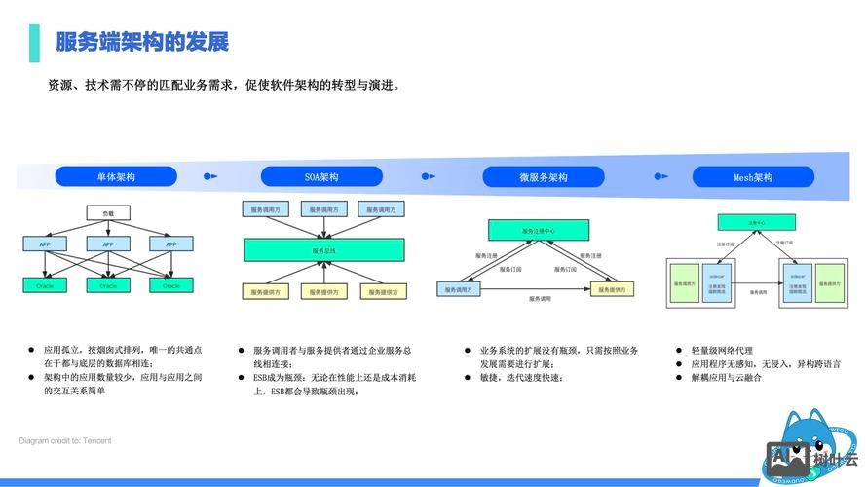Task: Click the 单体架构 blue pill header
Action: (115, 177)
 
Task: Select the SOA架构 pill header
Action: (321, 177)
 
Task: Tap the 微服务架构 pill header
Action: (543, 177)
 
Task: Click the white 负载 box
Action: (108, 212)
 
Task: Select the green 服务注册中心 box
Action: (538, 231)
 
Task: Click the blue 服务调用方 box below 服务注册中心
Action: (461, 289)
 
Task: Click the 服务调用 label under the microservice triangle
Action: (542, 300)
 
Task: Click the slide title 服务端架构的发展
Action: (141, 42)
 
